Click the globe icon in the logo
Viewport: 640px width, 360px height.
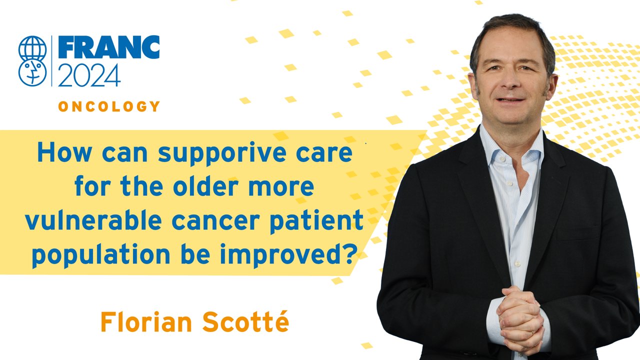(x=32, y=48)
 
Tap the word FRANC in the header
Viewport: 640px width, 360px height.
(x=109, y=47)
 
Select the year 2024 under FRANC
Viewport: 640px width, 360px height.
(x=89, y=75)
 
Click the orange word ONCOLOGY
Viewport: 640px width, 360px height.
(x=109, y=106)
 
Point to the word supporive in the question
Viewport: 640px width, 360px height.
(x=222, y=153)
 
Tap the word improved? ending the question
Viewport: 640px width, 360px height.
(x=287, y=254)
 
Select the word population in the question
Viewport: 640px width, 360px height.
(x=101, y=254)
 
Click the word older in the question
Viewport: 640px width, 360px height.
(x=205, y=186)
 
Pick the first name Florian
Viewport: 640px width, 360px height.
(x=146, y=322)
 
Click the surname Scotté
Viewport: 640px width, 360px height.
(x=245, y=321)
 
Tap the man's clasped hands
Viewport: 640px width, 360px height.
(x=520, y=320)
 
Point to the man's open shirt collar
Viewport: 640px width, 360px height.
(x=511, y=148)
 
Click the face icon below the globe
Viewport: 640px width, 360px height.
(x=32, y=73)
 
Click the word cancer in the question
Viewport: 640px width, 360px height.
(x=215, y=221)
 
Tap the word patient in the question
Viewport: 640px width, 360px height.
(x=317, y=221)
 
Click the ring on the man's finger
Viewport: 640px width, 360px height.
(x=532, y=332)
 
